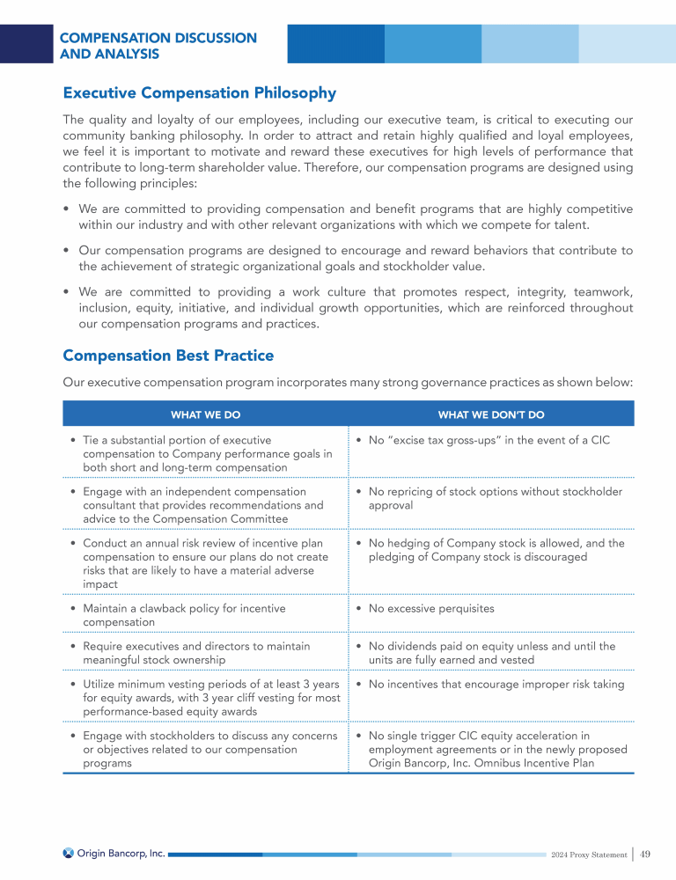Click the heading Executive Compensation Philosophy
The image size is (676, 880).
click(199, 93)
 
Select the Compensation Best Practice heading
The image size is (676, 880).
click(168, 356)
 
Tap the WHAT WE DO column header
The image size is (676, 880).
click(205, 414)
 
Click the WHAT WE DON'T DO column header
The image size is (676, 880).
click(490, 414)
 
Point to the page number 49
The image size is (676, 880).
click(645, 854)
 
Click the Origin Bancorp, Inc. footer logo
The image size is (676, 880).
click(114, 853)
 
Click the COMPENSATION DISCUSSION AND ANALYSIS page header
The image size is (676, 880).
click(158, 46)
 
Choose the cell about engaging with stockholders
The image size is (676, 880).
click(202, 749)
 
